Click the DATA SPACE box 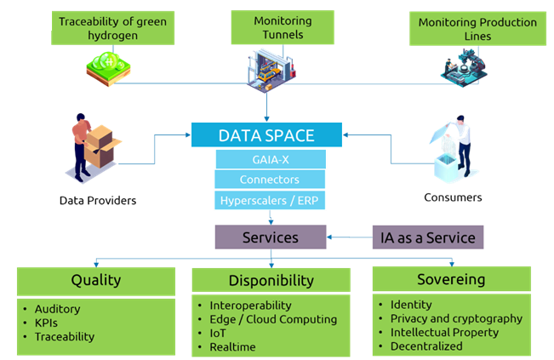point(266,134)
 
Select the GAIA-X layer point(270,159)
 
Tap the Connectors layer point(270,180)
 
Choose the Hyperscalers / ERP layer point(270,201)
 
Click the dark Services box point(271,237)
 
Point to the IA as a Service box point(428,237)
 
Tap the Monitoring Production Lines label point(477,28)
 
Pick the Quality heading point(96,280)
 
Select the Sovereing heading point(451,279)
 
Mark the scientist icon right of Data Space point(448,150)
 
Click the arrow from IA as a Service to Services point(349,237)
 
